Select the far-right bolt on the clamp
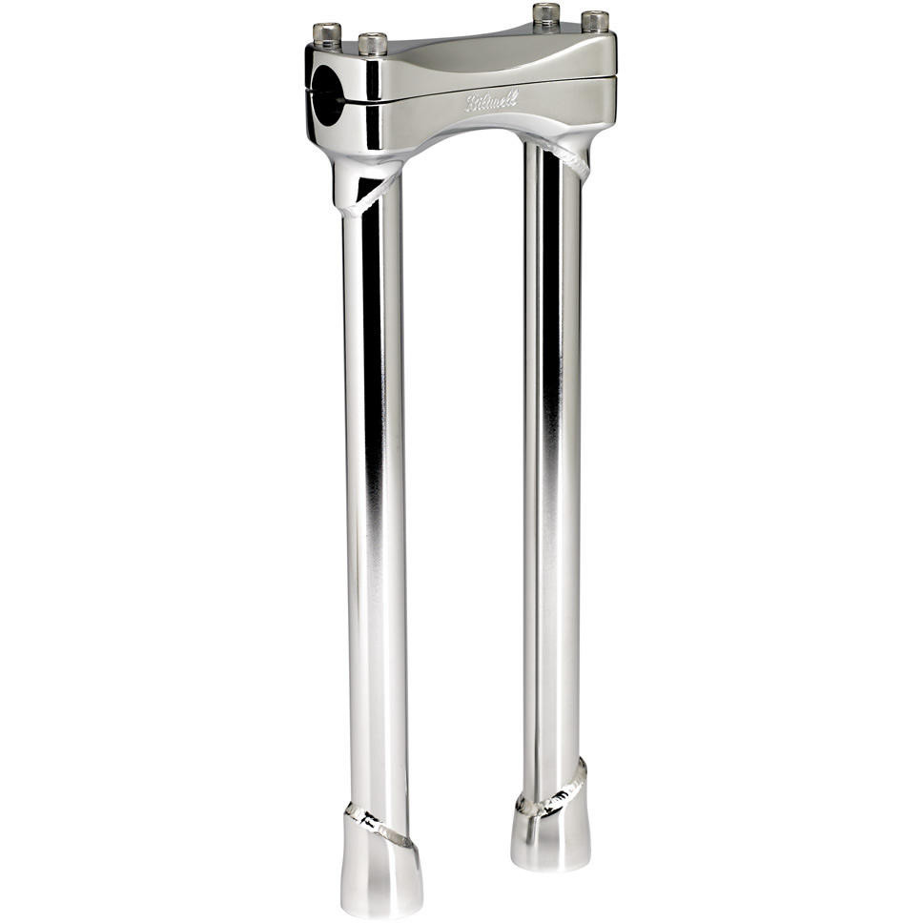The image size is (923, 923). pyautogui.click(x=595, y=21)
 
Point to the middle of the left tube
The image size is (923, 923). pyautogui.click(x=374, y=496)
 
